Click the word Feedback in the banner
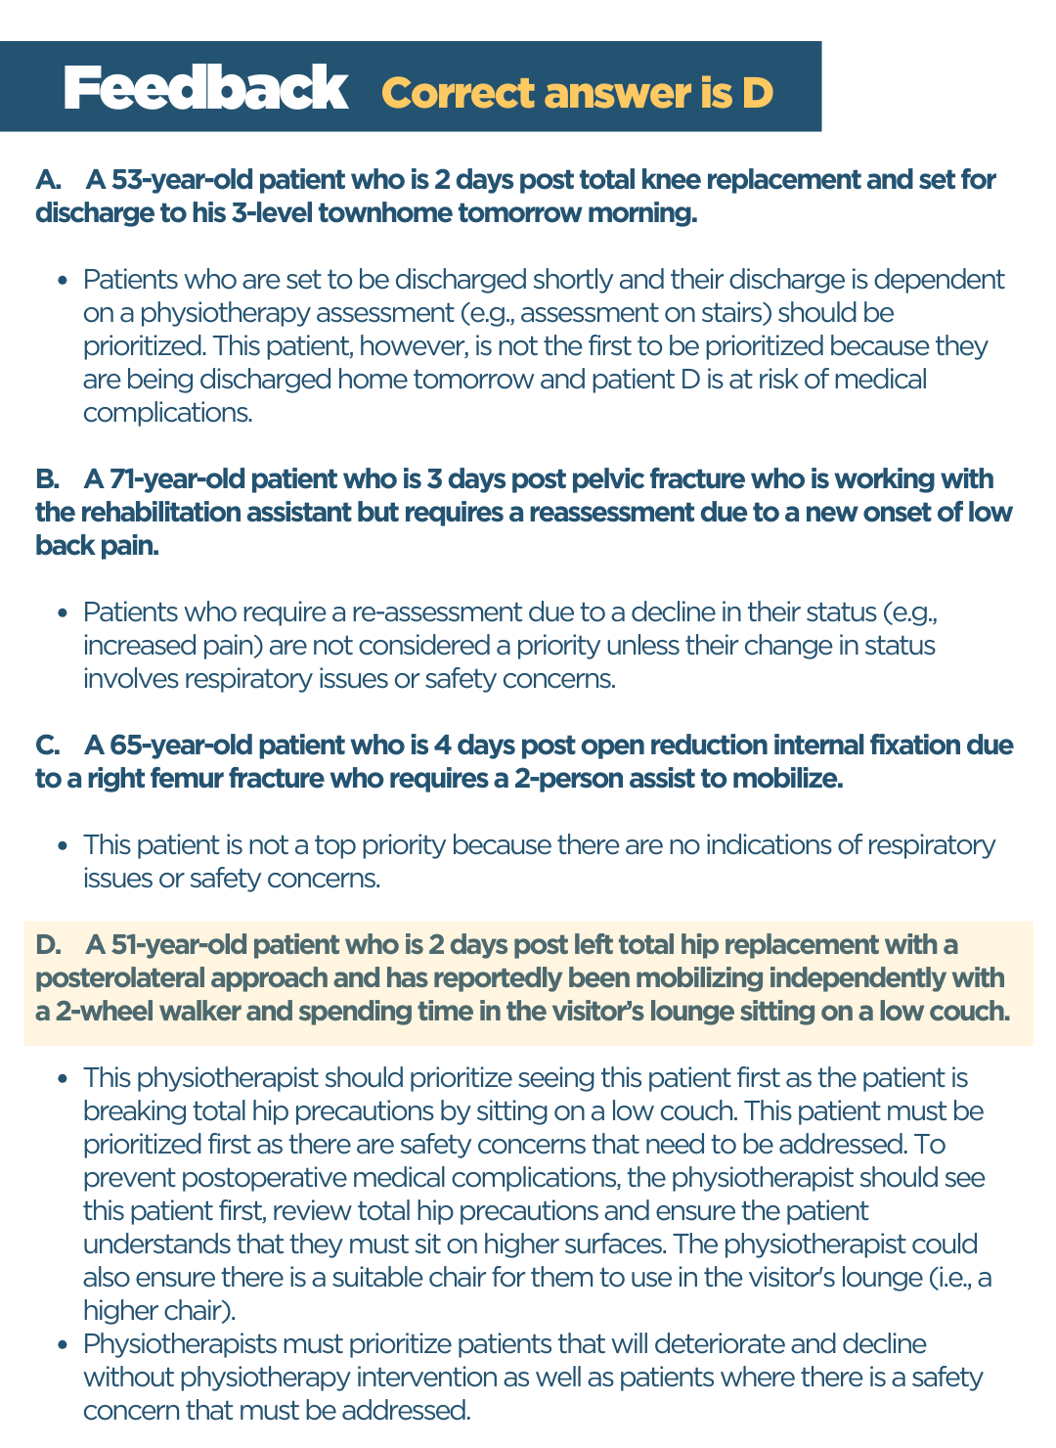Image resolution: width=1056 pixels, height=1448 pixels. click(x=205, y=89)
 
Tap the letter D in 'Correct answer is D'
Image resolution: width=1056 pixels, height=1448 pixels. click(x=756, y=93)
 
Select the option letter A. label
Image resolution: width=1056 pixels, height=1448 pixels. click(x=48, y=180)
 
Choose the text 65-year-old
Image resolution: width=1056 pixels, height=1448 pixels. click(x=167, y=746)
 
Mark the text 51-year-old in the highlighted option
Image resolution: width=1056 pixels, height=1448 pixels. click(x=167, y=945)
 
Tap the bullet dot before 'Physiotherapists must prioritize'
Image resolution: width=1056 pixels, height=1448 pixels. click(x=63, y=1345)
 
